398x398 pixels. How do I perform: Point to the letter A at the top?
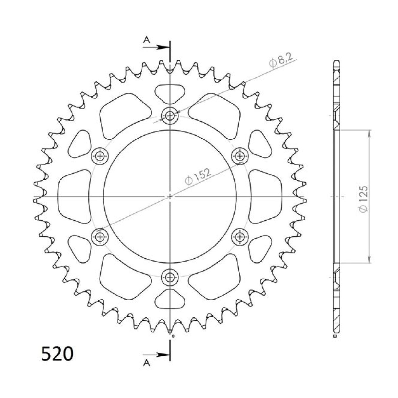[x=147, y=40]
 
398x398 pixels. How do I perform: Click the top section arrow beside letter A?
[x=161, y=47]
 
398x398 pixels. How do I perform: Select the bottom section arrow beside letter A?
[x=161, y=355]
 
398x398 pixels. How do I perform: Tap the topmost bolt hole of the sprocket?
[x=170, y=115]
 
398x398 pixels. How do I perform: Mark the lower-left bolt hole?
[x=100, y=236]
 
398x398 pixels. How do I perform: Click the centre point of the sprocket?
[x=170, y=197]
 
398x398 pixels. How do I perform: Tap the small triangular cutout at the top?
[x=170, y=93]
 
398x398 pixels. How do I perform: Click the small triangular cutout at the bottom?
[x=170, y=299]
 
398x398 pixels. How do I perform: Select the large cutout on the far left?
[x=73, y=197]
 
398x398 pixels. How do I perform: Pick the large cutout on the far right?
[x=266, y=197]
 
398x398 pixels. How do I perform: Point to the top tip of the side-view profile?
[x=336, y=61]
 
